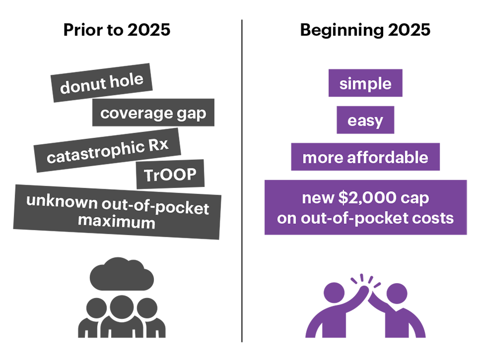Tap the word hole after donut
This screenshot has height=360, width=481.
tap(126, 80)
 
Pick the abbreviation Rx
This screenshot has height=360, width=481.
tap(157, 145)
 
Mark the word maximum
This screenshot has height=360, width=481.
tap(117, 221)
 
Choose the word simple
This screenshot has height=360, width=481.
tap(365, 84)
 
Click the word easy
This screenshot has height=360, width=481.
tap(365, 121)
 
